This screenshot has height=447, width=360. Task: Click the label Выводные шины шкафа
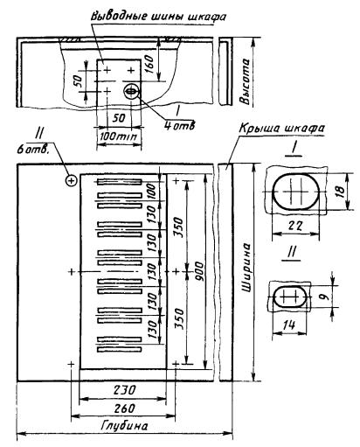pos(159,16)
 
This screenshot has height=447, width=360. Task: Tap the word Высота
pos(245,81)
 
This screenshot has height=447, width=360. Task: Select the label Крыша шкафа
pos(281,129)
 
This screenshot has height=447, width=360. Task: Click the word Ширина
pos(247,267)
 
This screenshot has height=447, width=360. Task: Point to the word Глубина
pos(125,426)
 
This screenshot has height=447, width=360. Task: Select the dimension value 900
pos(199,271)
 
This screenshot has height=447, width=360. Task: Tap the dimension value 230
pos(124,389)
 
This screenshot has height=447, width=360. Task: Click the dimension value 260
pos(124,409)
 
